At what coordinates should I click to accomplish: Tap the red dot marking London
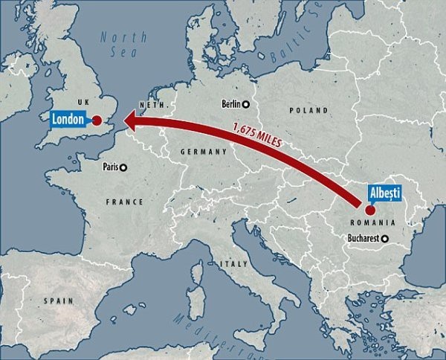[97, 120]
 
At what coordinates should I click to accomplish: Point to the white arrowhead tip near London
[124, 120]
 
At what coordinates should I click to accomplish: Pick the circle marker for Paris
[124, 167]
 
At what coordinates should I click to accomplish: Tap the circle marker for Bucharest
[385, 239]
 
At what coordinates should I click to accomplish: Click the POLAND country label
[308, 110]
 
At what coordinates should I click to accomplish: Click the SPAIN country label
[58, 300]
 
